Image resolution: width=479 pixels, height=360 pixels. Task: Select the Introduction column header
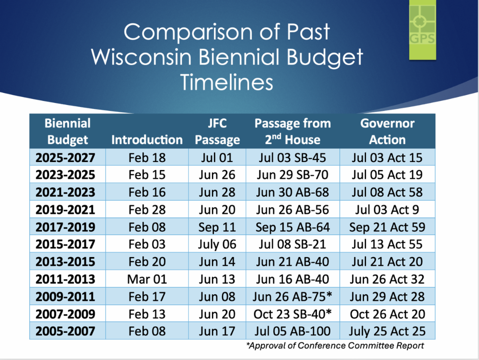pos(147,140)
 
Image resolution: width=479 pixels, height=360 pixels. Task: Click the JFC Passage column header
pos(217,132)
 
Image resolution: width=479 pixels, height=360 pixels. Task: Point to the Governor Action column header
pos(387,132)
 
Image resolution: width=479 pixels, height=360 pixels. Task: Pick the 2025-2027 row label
pos(65,157)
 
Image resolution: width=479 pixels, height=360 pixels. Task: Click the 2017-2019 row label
pos(65,227)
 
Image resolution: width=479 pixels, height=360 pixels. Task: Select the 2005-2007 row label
pos(65,331)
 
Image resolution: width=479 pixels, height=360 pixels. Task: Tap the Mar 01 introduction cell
pos(147,279)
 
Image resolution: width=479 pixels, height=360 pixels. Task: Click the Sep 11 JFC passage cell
pos(217,227)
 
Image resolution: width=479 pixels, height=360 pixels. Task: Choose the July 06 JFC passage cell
pos(217,244)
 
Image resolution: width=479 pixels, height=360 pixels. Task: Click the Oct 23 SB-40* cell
pos(293,314)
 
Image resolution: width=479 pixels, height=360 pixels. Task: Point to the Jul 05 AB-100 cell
pos(293,331)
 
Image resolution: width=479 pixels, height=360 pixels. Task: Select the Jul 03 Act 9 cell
pos(387,210)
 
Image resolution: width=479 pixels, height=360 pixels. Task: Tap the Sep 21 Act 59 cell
pos(387,227)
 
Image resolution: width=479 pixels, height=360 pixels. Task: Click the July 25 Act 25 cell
pos(387,331)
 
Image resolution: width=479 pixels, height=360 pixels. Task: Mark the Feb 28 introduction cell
pos(147,210)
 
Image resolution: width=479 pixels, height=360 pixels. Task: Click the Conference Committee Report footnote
pos(335,346)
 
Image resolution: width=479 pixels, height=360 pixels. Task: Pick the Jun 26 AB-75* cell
pos(293,297)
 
